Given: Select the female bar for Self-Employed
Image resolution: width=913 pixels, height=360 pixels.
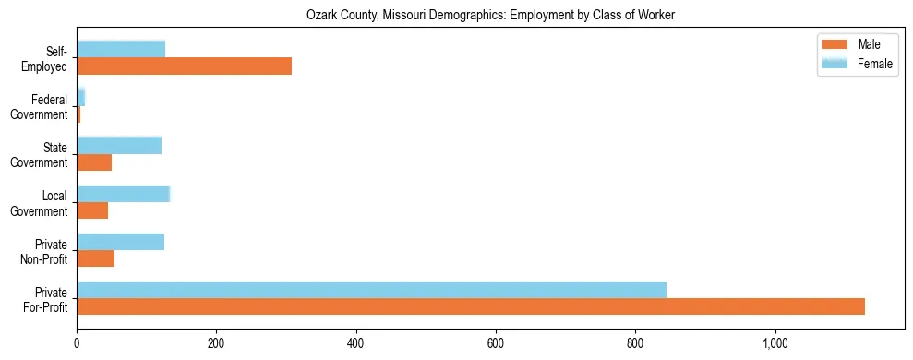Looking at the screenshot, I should point(121,49).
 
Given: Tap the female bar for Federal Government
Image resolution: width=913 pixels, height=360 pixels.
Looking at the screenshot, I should point(81,97).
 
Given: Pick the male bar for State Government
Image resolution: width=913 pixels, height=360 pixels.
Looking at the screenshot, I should point(94,162).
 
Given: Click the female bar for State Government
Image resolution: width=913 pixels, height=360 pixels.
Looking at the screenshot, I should point(119,145).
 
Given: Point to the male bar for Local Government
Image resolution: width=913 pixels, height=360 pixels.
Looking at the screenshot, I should point(92,210).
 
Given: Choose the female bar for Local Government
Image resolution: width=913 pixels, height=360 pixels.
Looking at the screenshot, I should point(124,193).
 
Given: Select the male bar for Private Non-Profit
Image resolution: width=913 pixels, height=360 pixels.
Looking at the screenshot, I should point(95,258).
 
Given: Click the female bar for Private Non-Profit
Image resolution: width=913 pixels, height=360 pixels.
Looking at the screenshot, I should point(120,241).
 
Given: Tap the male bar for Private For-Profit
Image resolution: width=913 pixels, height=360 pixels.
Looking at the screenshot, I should point(471,306).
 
